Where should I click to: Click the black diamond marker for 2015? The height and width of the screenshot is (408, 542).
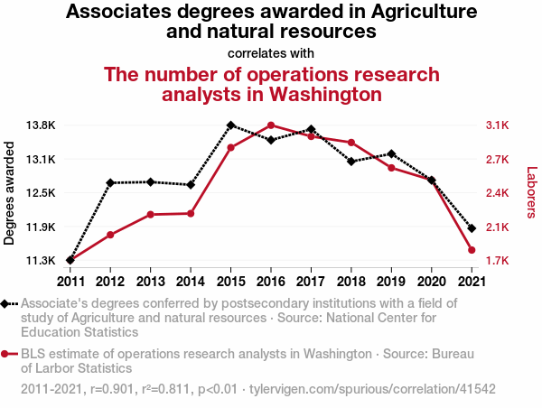230,125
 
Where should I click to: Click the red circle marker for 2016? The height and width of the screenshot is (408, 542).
271,125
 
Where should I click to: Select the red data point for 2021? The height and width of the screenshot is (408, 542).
472,250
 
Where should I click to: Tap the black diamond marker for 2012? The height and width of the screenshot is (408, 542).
110,183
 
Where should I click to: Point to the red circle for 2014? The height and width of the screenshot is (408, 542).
191,213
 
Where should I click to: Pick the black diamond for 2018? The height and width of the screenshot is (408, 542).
350,162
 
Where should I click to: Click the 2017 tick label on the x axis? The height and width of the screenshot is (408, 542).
311,281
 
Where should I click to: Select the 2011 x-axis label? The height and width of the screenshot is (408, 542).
70,281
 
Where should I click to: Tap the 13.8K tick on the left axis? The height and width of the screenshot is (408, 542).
42,125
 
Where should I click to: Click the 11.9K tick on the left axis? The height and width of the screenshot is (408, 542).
42,227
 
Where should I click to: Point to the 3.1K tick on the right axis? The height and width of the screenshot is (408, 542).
498,125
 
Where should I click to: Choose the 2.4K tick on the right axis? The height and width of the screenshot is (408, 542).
498,193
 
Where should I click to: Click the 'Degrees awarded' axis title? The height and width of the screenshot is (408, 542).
11,193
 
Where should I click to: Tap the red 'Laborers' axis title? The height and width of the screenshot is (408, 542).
531,192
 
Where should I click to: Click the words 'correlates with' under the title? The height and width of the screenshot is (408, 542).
271,53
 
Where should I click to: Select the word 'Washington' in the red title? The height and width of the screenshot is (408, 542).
312,94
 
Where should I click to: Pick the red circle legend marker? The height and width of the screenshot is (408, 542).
7,355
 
